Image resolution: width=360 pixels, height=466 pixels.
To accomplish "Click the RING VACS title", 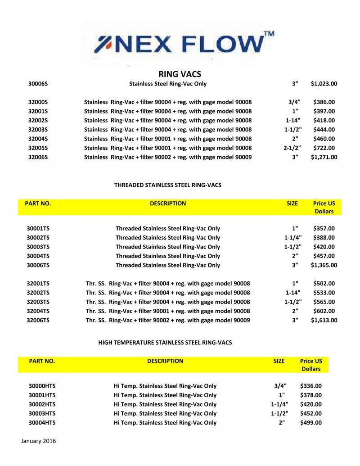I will [x=180, y=74].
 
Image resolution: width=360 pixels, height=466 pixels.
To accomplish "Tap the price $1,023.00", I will [x=324, y=84].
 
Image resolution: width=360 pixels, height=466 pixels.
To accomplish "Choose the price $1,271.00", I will [x=324, y=157].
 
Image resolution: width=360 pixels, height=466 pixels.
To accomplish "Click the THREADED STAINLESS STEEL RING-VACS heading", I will [x=168, y=185].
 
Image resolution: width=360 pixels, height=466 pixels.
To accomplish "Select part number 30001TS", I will [x=38, y=228].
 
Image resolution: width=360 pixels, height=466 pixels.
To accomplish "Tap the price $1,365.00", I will [x=324, y=265].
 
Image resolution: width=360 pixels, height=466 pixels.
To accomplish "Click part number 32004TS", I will [x=38, y=311].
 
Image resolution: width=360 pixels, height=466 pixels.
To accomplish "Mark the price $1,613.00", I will [x=324, y=320].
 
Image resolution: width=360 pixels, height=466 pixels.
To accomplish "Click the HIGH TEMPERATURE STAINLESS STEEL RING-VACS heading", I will [x=165, y=343].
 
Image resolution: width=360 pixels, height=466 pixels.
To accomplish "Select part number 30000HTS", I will [x=42, y=386].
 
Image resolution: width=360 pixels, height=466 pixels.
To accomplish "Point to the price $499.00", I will [x=311, y=423].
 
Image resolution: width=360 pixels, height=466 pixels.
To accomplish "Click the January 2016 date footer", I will [x=39, y=441].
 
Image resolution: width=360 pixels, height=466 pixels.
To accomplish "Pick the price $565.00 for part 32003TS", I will [x=324, y=302].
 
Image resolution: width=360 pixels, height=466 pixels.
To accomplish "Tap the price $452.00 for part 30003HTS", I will [x=311, y=413].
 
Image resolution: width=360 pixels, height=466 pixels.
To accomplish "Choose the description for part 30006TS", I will [x=168, y=265].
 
